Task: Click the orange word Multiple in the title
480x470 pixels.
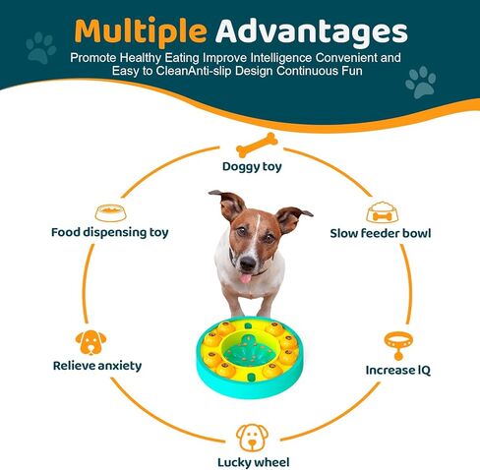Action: click(141, 32)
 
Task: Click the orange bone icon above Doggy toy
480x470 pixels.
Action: click(257, 145)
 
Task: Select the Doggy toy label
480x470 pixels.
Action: click(252, 167)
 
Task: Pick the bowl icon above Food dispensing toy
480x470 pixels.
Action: click(110, 213)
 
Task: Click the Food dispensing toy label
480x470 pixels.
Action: click(110, 233)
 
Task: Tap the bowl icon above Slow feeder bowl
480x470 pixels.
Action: click(383, 212)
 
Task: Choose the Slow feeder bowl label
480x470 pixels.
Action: click(381, 233)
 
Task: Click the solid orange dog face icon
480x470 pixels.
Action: click(90, 342)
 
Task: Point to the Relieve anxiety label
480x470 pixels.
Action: click(97, 366)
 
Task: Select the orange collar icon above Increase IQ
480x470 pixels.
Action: click(398, 345)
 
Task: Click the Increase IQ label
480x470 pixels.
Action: click(398, 371)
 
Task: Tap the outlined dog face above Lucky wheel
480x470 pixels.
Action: click(252, 438)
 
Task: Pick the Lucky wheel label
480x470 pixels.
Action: click(254, 462)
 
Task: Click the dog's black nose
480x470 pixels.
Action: click(248, 263)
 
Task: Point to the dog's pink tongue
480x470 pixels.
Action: click(245, 278)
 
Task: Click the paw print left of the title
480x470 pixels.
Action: click(41, 47)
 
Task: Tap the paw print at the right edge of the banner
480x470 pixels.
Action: click(421, 83)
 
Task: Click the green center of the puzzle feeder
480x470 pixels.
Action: click(249, 350)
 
